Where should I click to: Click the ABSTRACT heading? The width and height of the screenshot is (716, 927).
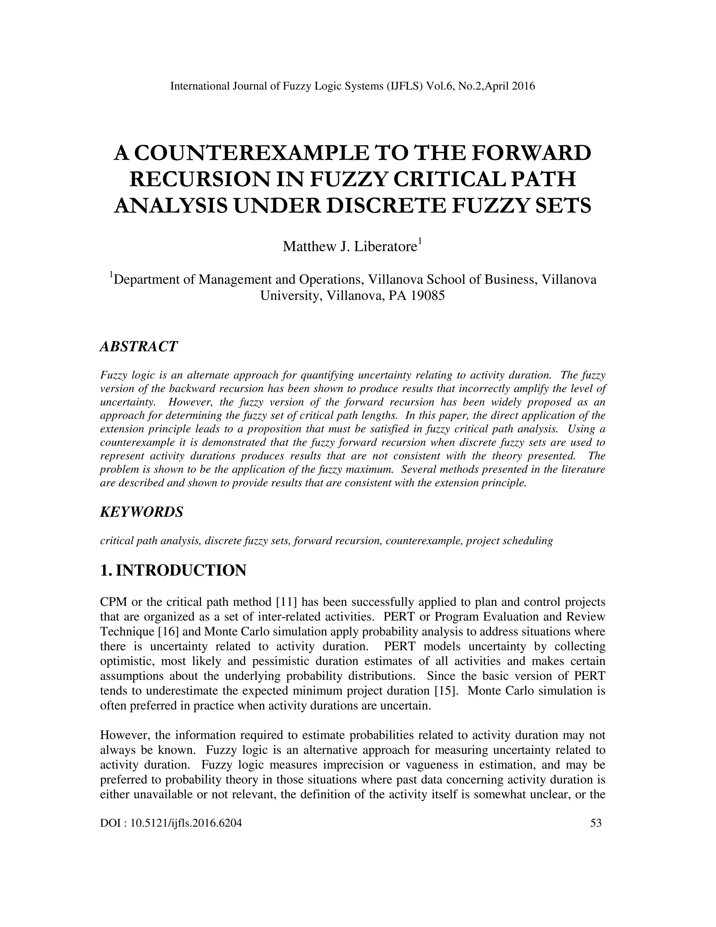[139, 346]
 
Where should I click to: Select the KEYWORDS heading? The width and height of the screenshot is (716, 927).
[142, 512]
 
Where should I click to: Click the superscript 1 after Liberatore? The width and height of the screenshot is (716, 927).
[420, 241]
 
